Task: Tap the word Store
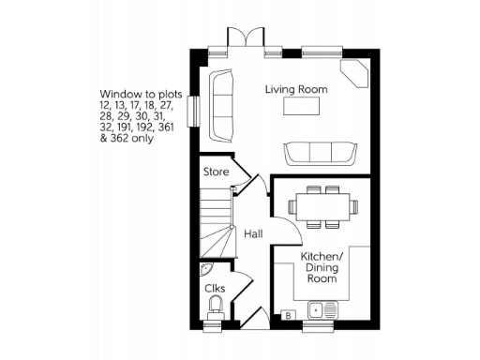[217, 172]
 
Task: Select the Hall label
[253, 233]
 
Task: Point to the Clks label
[215, 288]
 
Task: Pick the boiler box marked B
[289, 313]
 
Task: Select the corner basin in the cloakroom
[207, 268]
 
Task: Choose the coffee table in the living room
[302, 109]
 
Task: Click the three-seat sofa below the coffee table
[322, 152]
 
